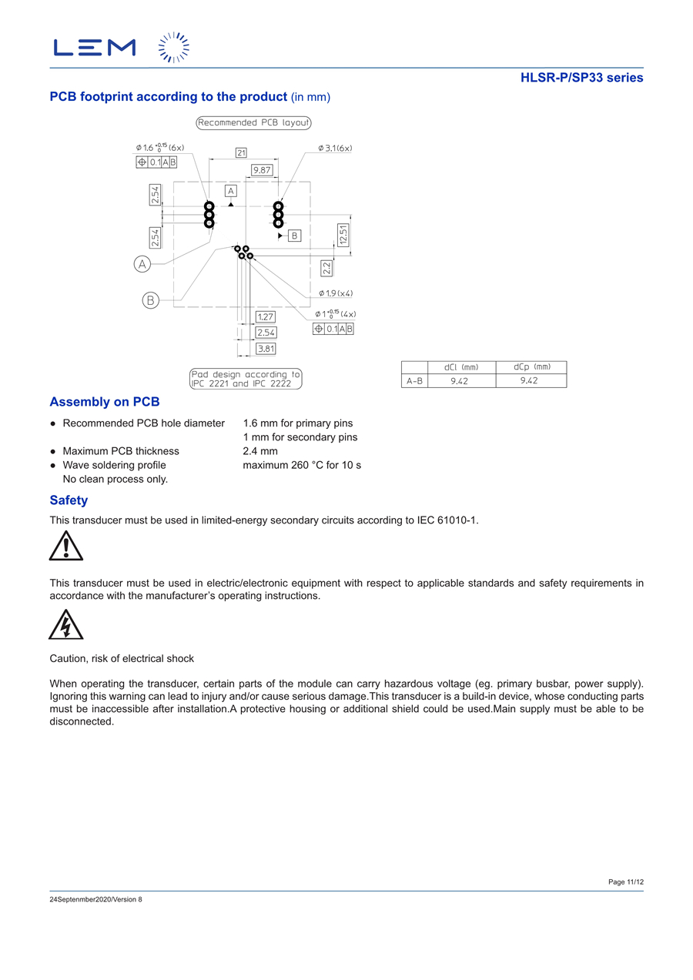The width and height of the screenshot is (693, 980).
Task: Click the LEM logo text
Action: [x=95, y=48]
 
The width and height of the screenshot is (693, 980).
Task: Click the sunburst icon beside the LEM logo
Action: [x=174, y=48]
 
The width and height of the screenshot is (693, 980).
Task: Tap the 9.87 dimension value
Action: [x=263, y=169]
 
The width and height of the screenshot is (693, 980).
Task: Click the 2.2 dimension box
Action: [x=326, y=268]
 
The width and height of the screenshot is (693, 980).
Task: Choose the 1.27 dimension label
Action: [x=266, y=316]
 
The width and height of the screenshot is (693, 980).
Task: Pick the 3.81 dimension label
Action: [x=266, y=349]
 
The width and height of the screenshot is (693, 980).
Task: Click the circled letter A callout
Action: [x=142, y=264]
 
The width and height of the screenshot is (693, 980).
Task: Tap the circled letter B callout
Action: [x=150, y=300]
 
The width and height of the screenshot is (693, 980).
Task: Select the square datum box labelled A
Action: [x=231, y=190]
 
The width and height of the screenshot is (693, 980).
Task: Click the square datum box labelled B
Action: [x=294, y=236]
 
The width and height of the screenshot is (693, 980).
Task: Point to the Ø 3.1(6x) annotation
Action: [x=335, y=148]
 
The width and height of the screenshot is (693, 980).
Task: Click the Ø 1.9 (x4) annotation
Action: [x=336, y=293]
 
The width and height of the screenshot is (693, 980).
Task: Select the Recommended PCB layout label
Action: [x=253, y=122]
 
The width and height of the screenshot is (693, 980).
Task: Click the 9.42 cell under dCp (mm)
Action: [x=529, y=380]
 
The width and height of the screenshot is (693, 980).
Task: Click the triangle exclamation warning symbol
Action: [x=66, y=546]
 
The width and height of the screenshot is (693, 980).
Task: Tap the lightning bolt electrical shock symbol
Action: [x=66, y=624]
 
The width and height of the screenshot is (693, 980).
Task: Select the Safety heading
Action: [x=69, y=500]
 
